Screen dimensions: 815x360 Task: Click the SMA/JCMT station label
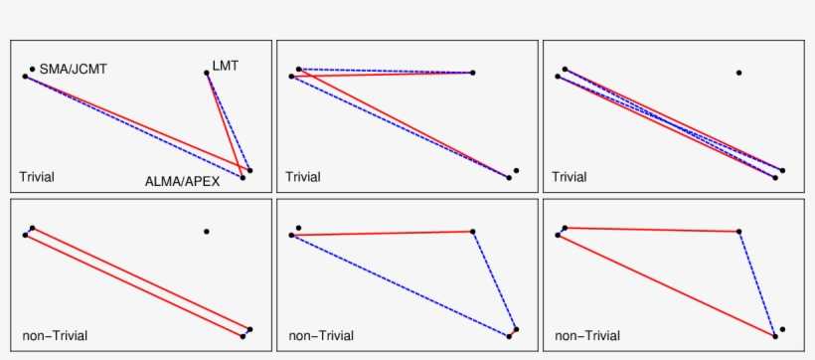73,69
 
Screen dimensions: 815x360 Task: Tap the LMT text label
226,66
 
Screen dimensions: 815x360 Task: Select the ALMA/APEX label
182,181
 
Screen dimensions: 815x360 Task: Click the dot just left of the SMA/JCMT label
32,69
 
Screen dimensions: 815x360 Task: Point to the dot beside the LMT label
207,72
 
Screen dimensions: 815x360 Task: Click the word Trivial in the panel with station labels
37,177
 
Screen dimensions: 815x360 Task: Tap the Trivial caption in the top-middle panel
303,177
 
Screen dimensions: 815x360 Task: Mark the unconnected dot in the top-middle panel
516,170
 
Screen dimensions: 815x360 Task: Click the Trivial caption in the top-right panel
569,177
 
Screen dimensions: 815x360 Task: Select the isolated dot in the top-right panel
738,73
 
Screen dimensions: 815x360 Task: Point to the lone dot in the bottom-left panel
207,232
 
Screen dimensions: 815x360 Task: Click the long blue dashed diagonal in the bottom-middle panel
398,285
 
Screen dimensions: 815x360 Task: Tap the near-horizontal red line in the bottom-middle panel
383,233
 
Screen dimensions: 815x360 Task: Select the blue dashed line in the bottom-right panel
757,283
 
